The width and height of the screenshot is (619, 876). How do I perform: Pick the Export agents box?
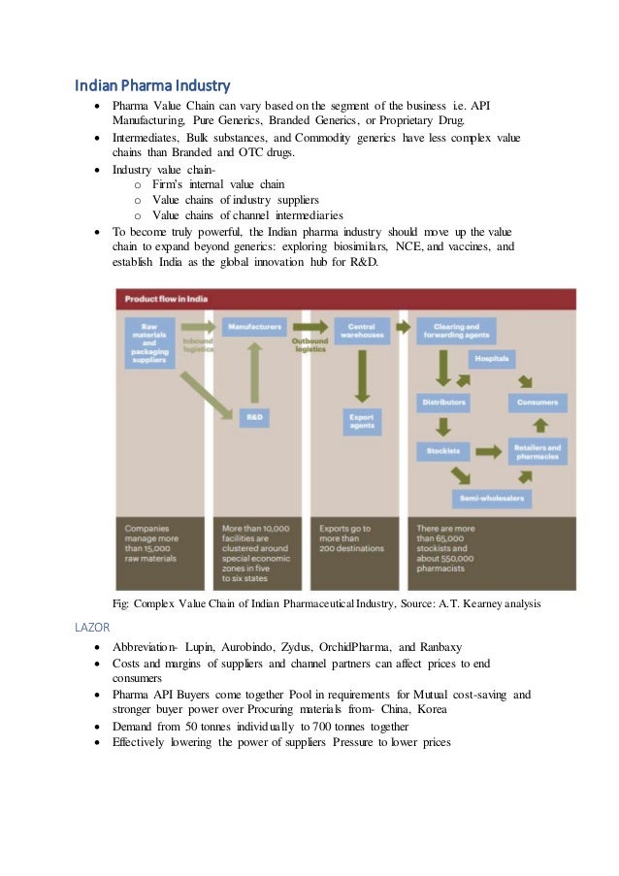click(x=362, y=422)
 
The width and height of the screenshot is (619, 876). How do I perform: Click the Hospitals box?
click(x=493, y=359)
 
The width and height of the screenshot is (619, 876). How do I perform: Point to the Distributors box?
click(x=443, y=402)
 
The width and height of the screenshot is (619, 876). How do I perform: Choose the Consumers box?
click(x=538, y=402)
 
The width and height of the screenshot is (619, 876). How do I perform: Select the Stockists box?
click(x=443, y=451)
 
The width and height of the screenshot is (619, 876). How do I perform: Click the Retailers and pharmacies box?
click(x=538, y=451)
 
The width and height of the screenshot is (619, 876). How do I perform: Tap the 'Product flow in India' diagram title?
click(x=165, y=298)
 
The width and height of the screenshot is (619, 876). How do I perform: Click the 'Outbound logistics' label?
click(x=309, y=344)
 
